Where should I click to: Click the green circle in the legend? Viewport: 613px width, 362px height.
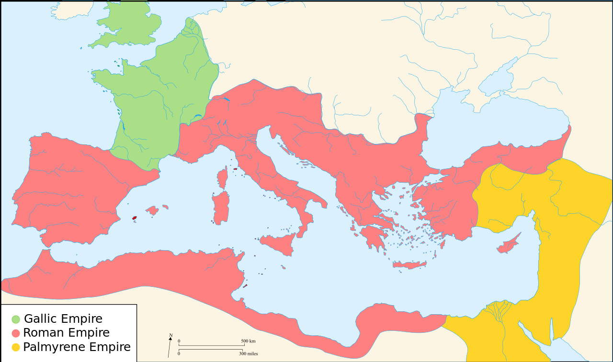tap(16, 319)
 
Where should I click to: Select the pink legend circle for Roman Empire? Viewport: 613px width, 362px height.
tap(16, 333)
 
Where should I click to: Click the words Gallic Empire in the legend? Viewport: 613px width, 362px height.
tap(63, 319)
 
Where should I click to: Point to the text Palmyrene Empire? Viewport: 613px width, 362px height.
tap(77, 347)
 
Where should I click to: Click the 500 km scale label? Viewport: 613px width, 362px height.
tap(248, 341)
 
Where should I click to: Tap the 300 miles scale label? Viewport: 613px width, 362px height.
tap(248, 354)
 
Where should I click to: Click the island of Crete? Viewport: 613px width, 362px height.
tap(409, 265)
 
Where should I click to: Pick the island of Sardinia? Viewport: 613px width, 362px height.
tap(221, 208)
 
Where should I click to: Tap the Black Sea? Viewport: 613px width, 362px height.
tap(493, 129)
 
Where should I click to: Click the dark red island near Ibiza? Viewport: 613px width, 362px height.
tap(135, 218)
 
